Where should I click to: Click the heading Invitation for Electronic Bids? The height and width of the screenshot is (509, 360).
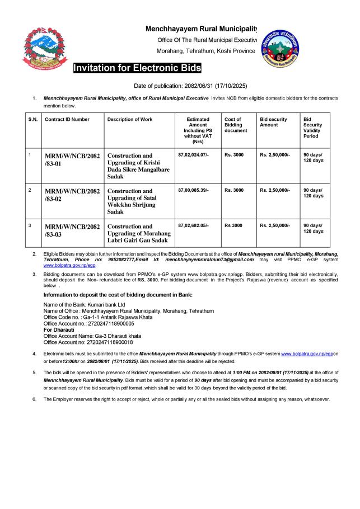pyautogui.click(x=137, y=69)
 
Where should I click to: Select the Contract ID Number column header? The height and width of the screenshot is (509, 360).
pyautogui.click(x=67, y=119)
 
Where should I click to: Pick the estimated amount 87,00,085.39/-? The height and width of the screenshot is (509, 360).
pyautogui.click(x=193, y=190)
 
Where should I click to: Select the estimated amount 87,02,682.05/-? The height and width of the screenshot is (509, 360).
pyautogui.click(x=193, y=225)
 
